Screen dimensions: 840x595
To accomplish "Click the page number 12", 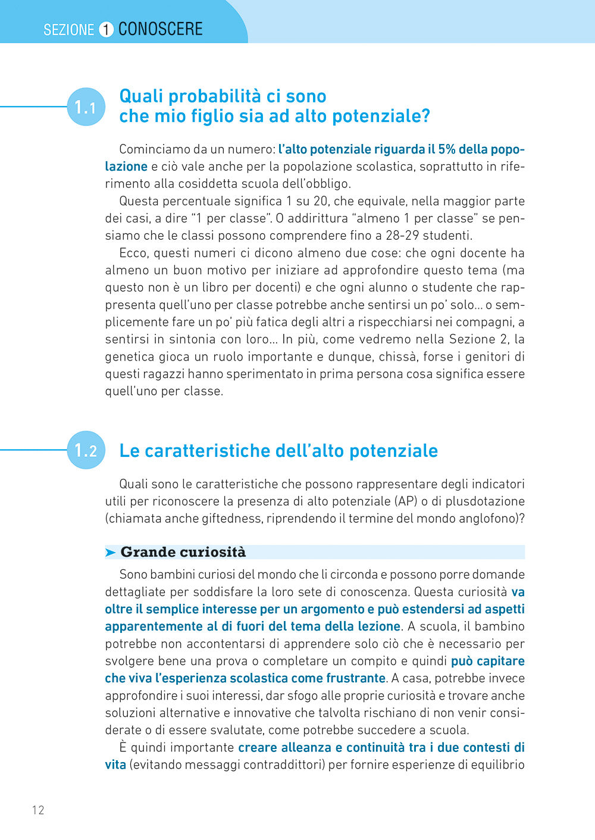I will tap(38, 810).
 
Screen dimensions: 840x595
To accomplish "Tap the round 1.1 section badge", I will tap(86, 107).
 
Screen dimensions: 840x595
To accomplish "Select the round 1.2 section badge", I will tap(86, 450).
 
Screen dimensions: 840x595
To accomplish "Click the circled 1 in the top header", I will tap(106, 29).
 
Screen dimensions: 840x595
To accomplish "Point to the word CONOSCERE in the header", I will tap(160, 29).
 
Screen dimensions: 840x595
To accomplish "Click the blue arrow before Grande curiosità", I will tap(111, 553).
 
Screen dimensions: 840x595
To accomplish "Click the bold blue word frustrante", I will tap(356, 678).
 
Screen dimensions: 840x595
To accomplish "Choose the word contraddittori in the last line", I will tap(284, 764).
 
